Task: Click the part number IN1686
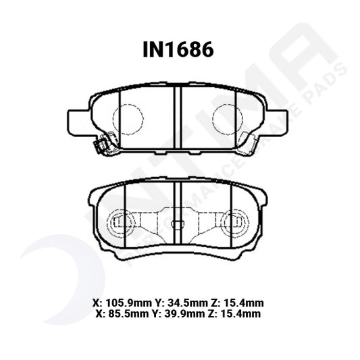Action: point(178,50)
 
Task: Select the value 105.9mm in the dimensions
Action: point(128,303)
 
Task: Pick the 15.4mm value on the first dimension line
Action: point(244,303)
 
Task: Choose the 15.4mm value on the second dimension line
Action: point(240,313)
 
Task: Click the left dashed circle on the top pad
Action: point(128,120)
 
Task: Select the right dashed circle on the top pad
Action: point(228,120)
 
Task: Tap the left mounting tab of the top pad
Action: point(78,122)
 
